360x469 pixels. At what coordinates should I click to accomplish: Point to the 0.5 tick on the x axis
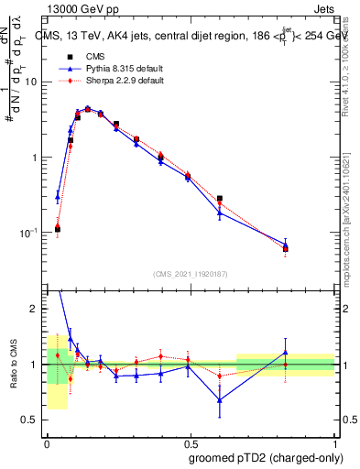190,439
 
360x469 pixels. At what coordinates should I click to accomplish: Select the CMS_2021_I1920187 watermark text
191,273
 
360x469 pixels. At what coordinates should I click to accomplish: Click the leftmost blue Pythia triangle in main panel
58,195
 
